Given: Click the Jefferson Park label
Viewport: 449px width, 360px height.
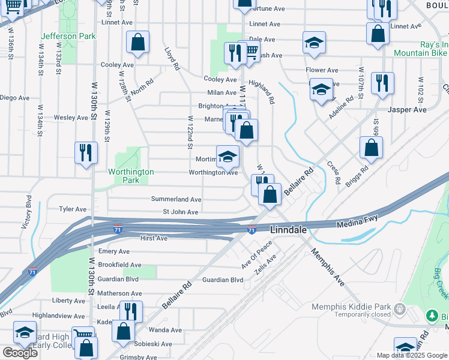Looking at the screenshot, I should [x=68, y=36].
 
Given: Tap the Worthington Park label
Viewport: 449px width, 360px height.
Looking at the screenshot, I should [x=131, y=176].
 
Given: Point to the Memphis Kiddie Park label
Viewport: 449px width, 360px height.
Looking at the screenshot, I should [x=351, y=308].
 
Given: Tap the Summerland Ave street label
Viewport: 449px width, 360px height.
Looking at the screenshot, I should [x=176, y=199].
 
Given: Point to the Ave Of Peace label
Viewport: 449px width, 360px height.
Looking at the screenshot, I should [x=257, y=254].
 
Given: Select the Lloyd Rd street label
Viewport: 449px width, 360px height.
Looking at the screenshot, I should [x=172, y=60].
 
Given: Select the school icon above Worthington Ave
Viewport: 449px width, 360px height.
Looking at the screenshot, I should [x=228, y=157].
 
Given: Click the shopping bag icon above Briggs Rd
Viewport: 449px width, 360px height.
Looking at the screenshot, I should [x=372, y=148].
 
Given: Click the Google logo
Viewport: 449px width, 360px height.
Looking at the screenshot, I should [x=20, y=353].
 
